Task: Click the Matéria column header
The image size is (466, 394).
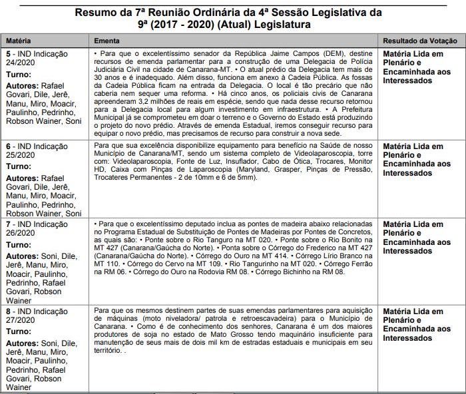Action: (x=18, y=40)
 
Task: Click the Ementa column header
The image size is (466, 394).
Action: (x=107, y=40)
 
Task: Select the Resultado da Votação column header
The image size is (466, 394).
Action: (x=421, y=40)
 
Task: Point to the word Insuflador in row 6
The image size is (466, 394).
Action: (x=248, y=162)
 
